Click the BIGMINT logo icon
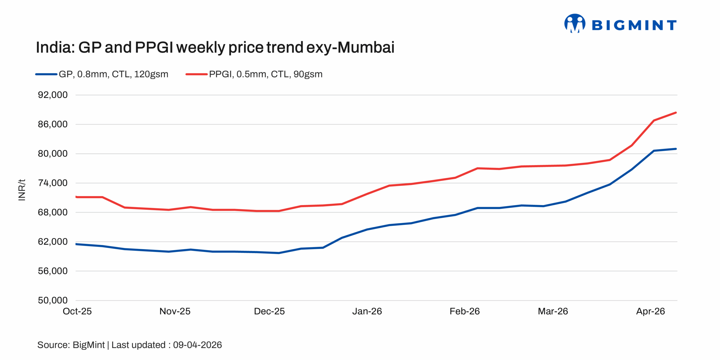coord(575,23)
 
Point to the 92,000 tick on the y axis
coord(53,95)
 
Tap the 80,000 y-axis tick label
coord(53,154)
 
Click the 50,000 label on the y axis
coord(53,300)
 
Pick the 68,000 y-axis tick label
coord(53,212)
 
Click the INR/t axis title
coord(22,190)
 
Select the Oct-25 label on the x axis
coord(77,311)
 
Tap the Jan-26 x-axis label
coord(367,311)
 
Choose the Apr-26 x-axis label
coord(650,311)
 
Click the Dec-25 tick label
coord(269,311)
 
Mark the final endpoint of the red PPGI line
coord(676,113)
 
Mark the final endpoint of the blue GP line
coord(676,149)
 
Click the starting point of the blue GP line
coord(76,244)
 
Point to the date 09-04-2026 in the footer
coord(197,345)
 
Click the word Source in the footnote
coord(53,345)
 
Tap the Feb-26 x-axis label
coord(465,311)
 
